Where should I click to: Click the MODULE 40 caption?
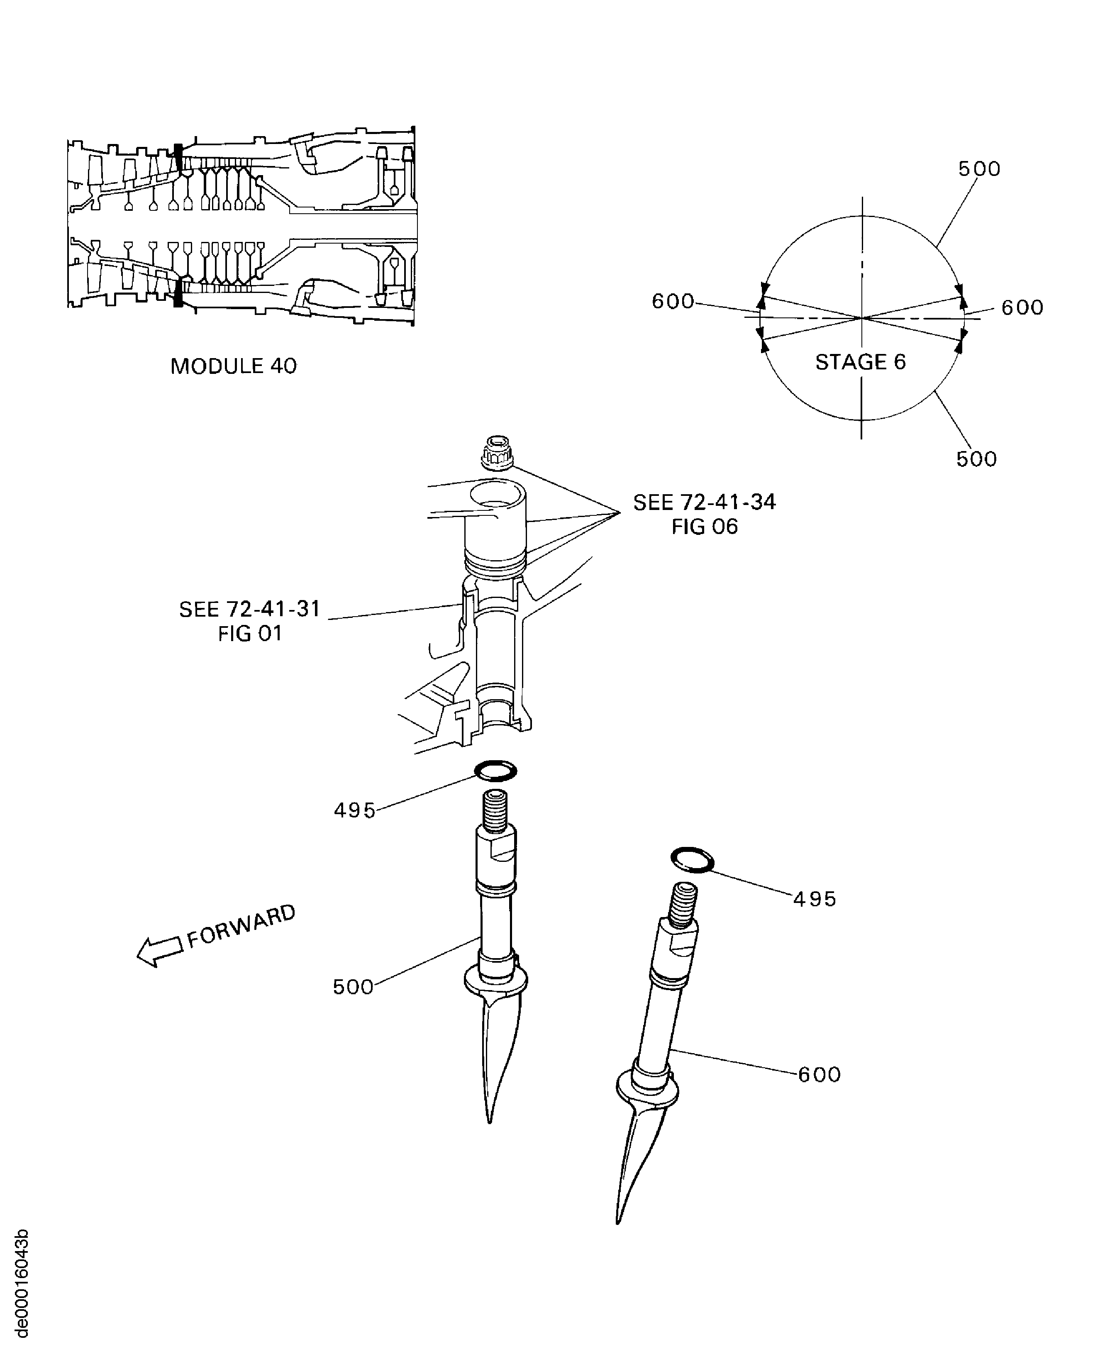point(234,366)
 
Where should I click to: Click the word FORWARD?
point(242,926)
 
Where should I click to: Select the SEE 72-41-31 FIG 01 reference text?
point(249,621)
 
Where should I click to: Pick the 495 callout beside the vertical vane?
point(354,810)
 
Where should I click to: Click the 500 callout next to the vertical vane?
point(353,987)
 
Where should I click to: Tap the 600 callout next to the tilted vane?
point(819,1075)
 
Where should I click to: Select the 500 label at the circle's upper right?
point(979,169)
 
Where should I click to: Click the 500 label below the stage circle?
point(976,459)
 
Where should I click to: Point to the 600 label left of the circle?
point(673,301)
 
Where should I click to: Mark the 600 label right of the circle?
point(1022,307)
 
